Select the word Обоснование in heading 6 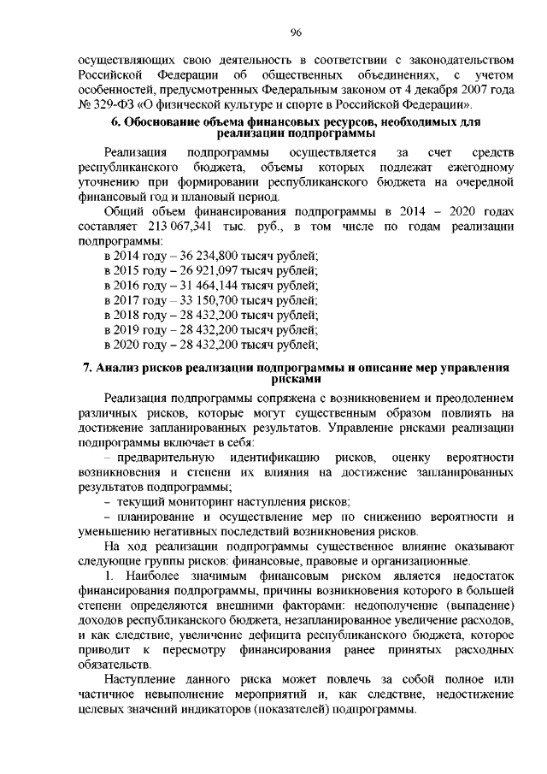[164, 123]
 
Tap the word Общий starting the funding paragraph [123, 210]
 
